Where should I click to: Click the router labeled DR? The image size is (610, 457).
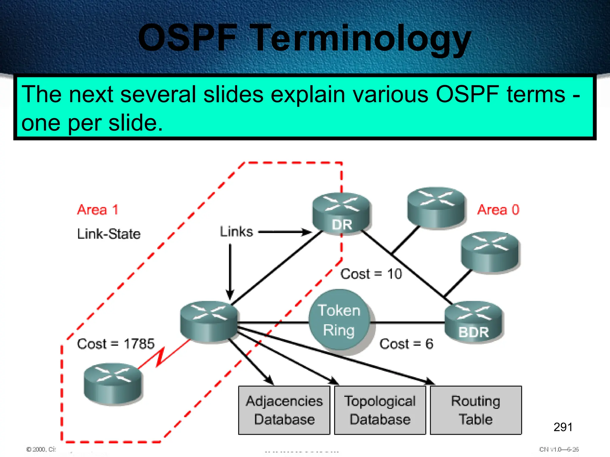pos(341,213)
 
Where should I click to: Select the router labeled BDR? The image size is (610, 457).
pos(473,322)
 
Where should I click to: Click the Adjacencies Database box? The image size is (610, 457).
pos(284,410)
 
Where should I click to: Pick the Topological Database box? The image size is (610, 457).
pos(380,410)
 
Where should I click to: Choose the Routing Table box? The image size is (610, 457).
pos(476,410)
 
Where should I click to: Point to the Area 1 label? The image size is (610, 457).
pos(98,210)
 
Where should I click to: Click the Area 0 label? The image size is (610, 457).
pos(498,210)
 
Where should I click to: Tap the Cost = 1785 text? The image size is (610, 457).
pos(116,344)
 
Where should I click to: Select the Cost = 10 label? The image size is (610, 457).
pos(371,274)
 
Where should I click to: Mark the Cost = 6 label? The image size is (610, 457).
pos(406,344)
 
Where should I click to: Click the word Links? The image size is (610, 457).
pos(236,231)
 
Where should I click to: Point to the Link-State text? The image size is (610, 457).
pos(109,234)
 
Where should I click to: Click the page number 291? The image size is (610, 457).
pos(563,427)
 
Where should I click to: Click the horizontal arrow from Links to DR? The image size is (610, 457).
pos(284,232)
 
